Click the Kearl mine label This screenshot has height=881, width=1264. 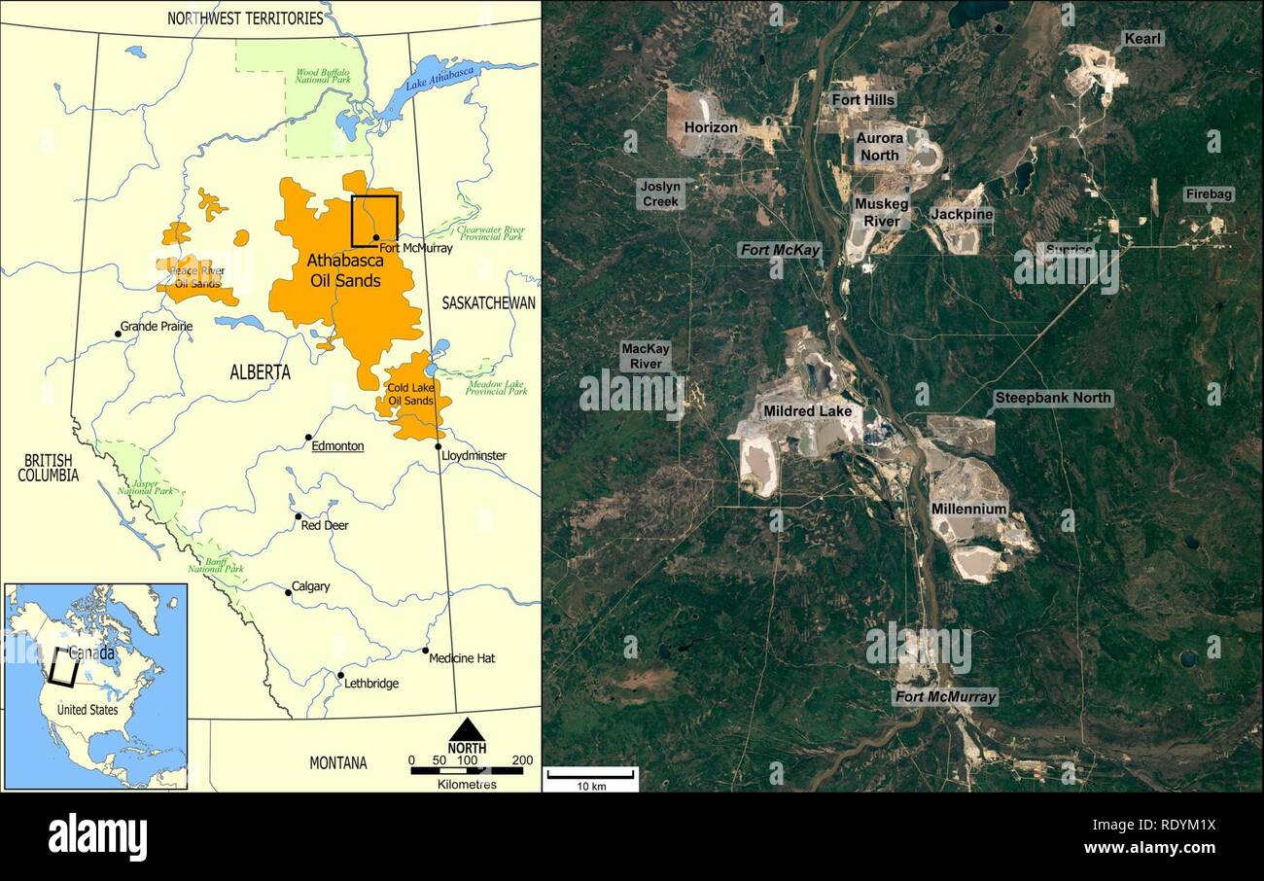(1142, 39)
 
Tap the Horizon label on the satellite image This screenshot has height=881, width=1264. (711, 127)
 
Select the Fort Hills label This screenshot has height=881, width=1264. (863, 99)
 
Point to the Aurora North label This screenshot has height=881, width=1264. (879, 147)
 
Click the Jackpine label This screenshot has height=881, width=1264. (961, 214)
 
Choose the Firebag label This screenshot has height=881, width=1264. (1209, 194)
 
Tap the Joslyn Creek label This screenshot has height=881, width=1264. (661, 193)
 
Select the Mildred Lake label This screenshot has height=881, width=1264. (807, 411)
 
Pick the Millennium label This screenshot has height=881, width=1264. (968, 509)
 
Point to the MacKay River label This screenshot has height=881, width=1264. (646, 356)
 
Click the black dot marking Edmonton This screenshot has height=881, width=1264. (308, 438)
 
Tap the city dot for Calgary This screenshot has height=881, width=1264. (288, 592)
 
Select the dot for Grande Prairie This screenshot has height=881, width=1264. (118, 334)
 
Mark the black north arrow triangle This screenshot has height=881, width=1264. (467, 729)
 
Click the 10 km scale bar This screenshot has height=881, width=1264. (589, 775)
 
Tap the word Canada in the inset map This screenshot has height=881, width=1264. (92, 652)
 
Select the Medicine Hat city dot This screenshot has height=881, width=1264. (425, 651)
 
